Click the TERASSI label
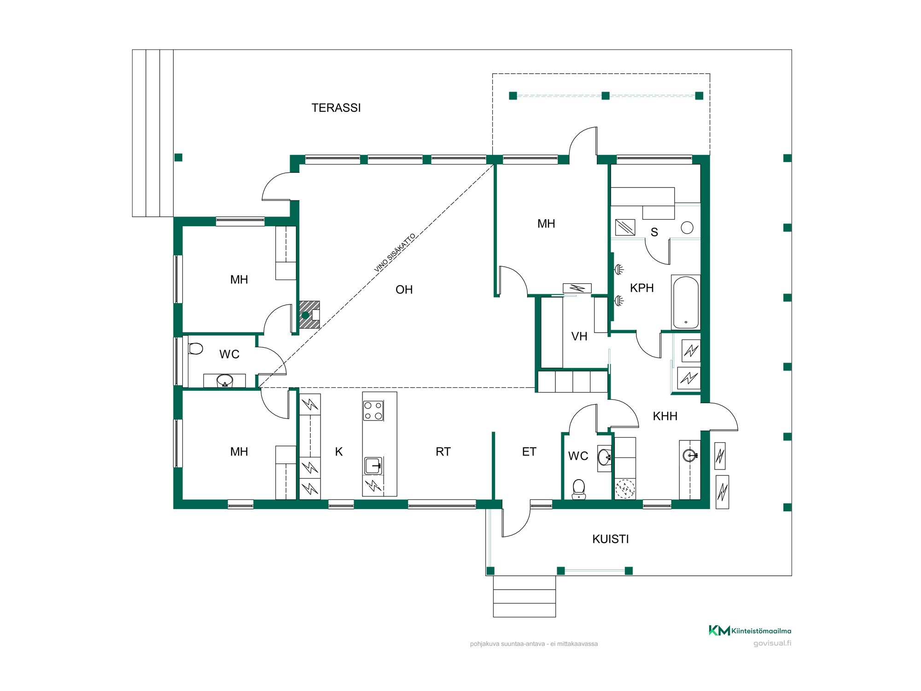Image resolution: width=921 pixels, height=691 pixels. click(336, 108)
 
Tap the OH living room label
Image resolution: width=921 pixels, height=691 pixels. click(404, 290)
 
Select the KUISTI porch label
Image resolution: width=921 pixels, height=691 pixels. click(611, 539)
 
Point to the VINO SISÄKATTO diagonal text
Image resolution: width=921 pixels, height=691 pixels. click(395, 252)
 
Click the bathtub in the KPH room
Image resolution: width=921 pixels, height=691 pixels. click(686, 302)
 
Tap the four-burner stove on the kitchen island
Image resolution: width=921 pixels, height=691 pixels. click(373, 411)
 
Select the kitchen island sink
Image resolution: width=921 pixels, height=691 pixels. click(373, 466)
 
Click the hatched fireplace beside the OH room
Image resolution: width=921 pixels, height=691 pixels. click(309, 315)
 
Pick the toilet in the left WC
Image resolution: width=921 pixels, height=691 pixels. click(196, 348)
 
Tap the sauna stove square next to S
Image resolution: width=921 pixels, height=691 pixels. click(625, 228)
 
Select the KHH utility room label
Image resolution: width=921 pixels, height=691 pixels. click(665, 416)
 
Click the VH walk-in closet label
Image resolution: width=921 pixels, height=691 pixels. click(579, 337)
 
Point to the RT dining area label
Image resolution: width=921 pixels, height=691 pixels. click(443, 452)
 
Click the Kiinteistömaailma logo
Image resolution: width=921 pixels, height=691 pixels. click(750, 631)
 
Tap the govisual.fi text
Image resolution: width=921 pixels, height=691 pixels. click(772, 643)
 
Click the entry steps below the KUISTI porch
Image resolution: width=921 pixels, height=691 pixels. click(525, 596)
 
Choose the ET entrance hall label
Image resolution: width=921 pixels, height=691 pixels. click(529, 452)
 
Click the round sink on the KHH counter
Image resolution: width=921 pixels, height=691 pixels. click(689, 456)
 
